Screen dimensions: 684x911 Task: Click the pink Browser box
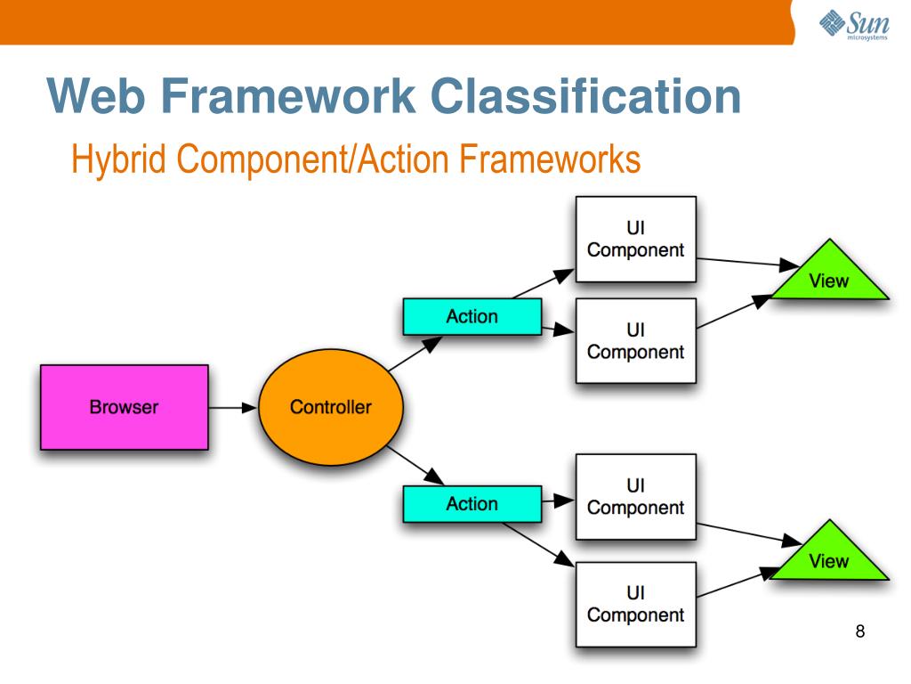(124, 407)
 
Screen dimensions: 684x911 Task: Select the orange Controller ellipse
(330, 407)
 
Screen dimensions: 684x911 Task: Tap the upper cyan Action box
(472, 316)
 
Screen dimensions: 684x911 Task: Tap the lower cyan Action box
(472, 503)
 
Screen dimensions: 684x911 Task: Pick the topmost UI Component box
(635, 239)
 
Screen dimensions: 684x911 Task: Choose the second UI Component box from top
(635, 341)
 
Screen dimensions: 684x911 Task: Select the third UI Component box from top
(635, 497)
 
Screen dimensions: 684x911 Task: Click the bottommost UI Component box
(635, 603)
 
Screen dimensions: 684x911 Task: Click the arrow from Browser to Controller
(233, 408)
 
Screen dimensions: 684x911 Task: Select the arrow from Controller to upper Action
(415, 354)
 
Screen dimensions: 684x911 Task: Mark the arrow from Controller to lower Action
(415, 464)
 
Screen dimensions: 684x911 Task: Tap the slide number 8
(859, 632)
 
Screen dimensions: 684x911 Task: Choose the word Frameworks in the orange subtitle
(550, 160)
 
